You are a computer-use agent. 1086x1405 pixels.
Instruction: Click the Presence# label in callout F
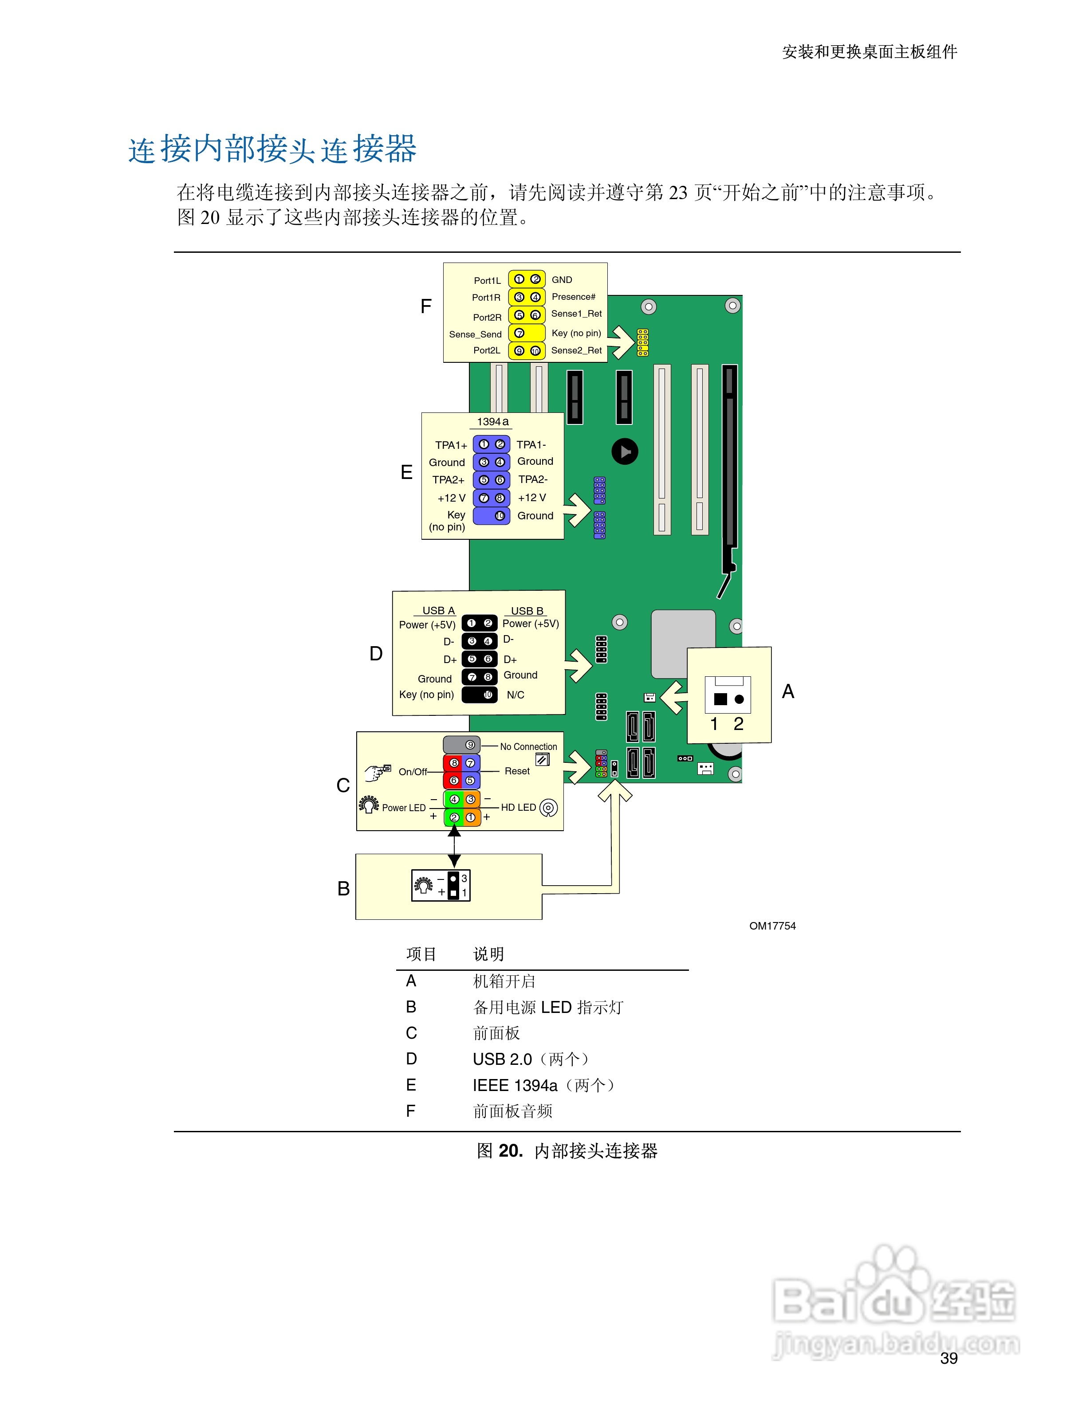click(573, 297)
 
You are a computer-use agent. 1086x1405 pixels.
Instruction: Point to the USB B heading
click(527, 611)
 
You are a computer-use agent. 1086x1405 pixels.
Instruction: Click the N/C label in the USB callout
click(515, 695)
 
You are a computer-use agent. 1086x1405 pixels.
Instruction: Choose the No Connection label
click(528, 747)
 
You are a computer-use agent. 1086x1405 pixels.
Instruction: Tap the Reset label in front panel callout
click(517, 771)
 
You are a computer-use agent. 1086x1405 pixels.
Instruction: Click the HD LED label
click(518, 807)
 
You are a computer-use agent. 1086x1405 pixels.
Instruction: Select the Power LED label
click(403, 808)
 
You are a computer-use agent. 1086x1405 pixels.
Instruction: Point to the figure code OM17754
click(772, 926)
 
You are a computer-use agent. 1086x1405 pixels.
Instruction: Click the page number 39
click(948, 1358)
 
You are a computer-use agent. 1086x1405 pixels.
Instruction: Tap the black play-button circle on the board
click(625, 451)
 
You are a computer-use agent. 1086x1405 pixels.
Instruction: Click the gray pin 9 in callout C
click(470, 745)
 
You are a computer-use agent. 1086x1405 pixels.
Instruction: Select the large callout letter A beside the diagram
click(787, 691)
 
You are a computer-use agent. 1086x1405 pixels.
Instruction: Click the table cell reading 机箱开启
click(504, 981)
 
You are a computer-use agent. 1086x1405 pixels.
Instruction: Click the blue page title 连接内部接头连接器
click(272, 149)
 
